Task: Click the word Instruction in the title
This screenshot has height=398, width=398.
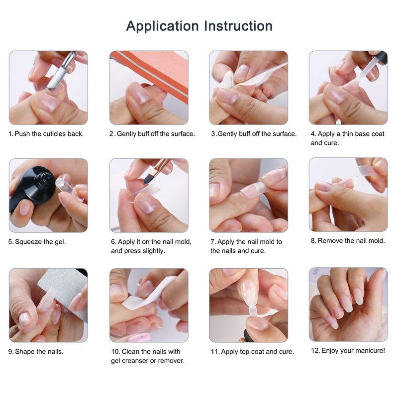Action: (238, 26)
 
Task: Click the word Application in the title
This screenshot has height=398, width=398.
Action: (163, 26)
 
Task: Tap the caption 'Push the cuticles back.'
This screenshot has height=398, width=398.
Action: (49, 134)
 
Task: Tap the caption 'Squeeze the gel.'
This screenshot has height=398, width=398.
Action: (40, 242)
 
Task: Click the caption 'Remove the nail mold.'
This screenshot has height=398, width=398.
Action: (351, 241)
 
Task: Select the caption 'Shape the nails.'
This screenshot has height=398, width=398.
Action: (39, 352)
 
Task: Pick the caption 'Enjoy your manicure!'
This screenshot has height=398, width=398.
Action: (353, 351)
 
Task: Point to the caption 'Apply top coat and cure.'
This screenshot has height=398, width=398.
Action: (257, 352)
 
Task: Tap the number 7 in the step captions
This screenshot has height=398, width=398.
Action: (212, 242)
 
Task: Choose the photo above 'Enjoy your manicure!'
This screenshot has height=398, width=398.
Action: (348, 304)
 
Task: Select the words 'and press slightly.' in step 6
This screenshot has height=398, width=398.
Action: (138, 251)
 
